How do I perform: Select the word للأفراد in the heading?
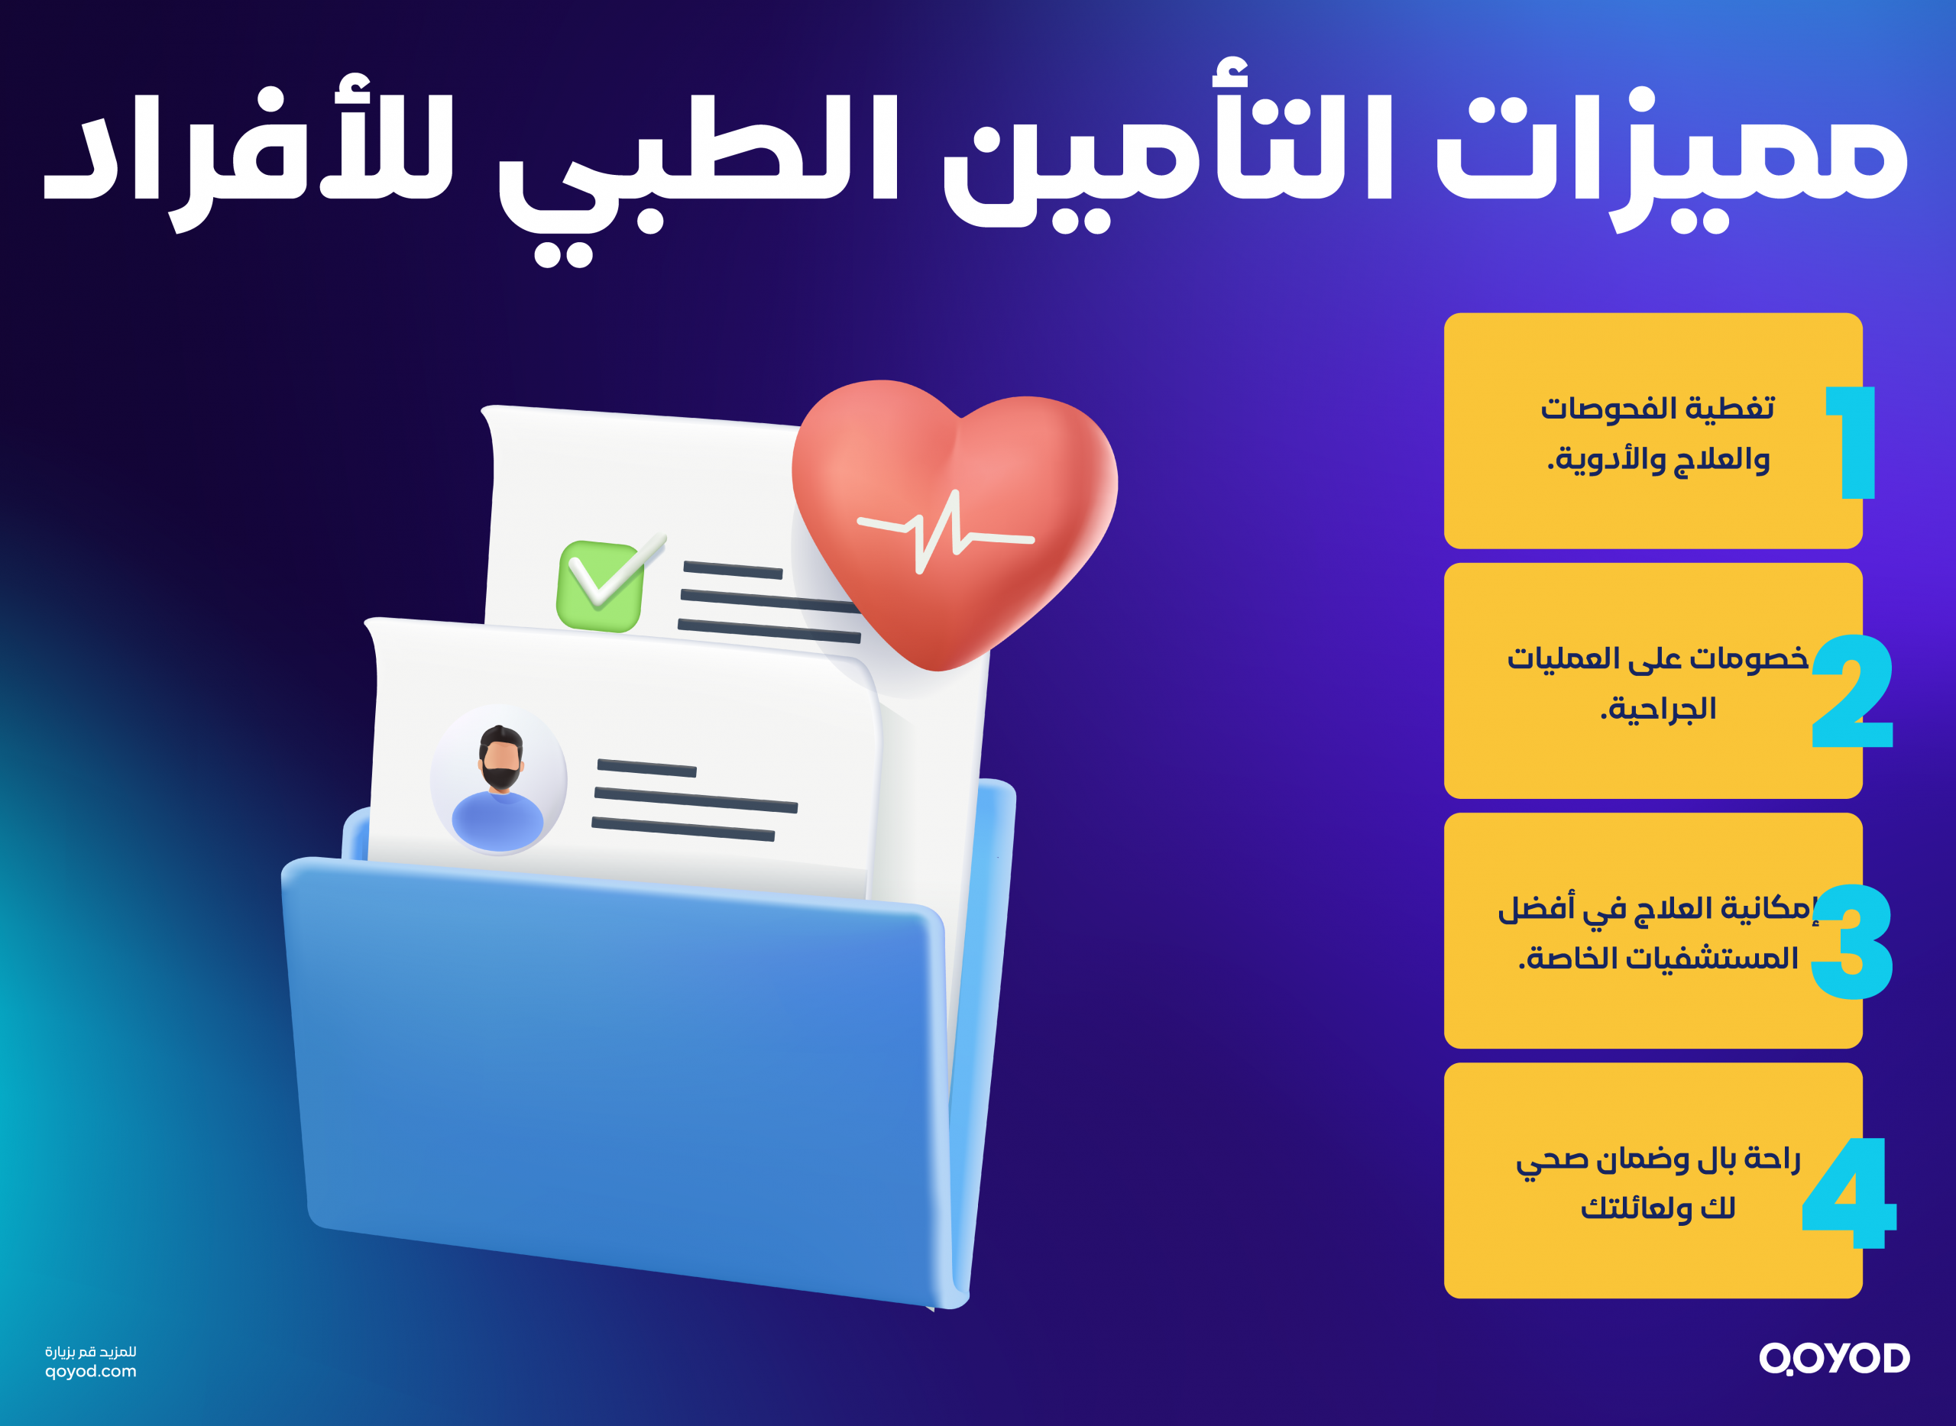[251, 155]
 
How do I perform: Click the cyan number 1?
[1852, 442]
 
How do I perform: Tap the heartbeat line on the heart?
[946, 531]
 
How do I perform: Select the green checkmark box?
[601, 585]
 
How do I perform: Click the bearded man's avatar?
[499, 780]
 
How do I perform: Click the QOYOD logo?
[1835, 1358]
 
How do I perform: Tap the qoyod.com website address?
[91, 1371]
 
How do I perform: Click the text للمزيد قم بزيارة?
[91, 1352]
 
